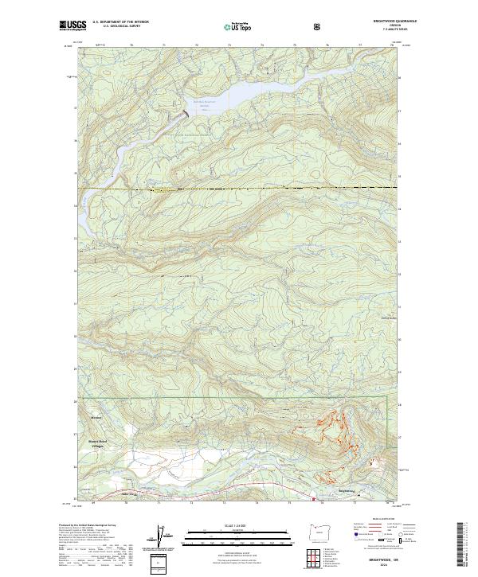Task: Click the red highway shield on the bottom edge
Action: point(313,500)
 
